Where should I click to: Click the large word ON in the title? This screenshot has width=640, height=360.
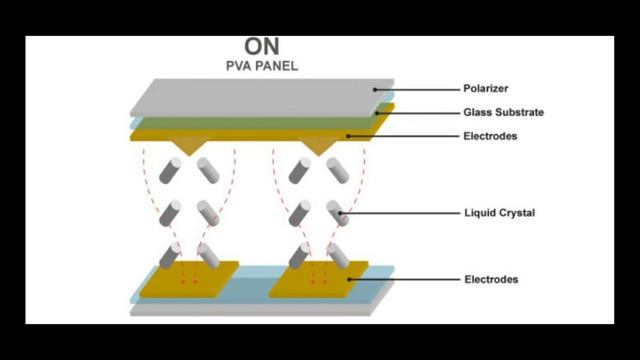(x=263, y=47)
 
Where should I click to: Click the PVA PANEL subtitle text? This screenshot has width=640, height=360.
(x=263, y=66)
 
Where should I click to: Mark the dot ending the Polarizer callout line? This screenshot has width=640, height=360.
(x=376, y=89)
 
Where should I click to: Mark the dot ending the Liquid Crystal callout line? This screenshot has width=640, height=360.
(x=341, y=212)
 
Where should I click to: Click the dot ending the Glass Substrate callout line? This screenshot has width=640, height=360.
(x=377, y=113)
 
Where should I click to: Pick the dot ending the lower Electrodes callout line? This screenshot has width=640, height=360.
(x=350, y=280)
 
